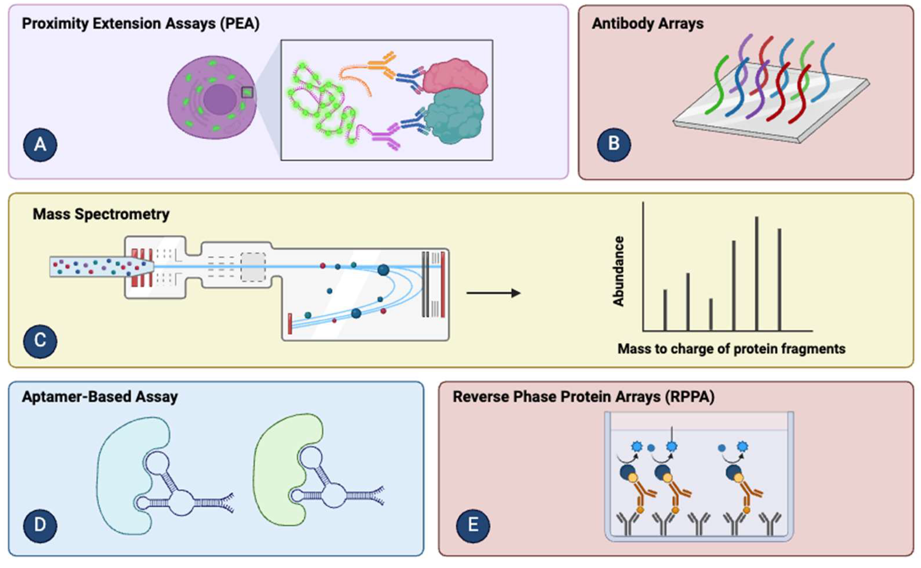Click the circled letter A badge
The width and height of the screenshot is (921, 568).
40,145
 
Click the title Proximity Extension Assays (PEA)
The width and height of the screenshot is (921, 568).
141,24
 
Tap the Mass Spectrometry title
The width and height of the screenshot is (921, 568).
101,214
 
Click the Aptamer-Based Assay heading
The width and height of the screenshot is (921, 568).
100,397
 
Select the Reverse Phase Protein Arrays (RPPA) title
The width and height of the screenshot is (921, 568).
584,397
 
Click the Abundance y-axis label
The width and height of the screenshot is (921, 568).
618,271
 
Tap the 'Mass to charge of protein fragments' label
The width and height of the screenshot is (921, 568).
732,349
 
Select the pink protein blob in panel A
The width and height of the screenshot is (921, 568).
456,77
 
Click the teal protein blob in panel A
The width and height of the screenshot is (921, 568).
454,116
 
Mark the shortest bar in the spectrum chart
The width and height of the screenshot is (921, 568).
711,315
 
